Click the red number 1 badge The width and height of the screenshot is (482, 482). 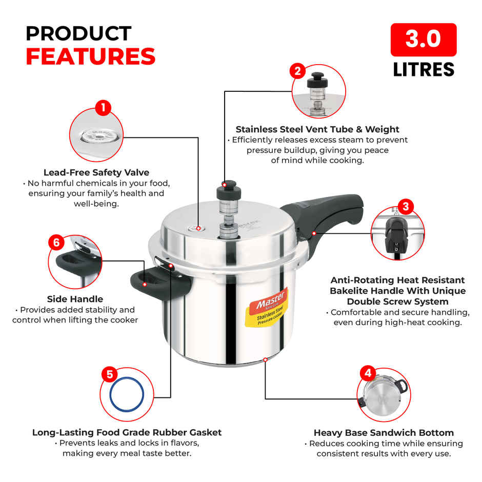coord(103,107)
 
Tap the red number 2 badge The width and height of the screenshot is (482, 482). coord(297,71)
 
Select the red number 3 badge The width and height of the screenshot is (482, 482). coord(406,207)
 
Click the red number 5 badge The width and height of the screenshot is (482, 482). coord(109,374)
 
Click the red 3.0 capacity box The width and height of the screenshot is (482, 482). coord(423,39)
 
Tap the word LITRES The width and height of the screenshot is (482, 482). coord(423,69)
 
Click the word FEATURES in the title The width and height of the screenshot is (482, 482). coord(90,56)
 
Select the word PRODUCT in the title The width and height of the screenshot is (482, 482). coord(78,33)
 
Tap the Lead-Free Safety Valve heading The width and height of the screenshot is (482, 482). coord(96,172)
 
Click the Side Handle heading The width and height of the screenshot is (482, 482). coord(75,299)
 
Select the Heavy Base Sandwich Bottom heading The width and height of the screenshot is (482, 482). coord(384,433)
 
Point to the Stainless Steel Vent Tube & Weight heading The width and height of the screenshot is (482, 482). coord(317,129)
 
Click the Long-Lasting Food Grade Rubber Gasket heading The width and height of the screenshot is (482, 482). coord(127,432)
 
